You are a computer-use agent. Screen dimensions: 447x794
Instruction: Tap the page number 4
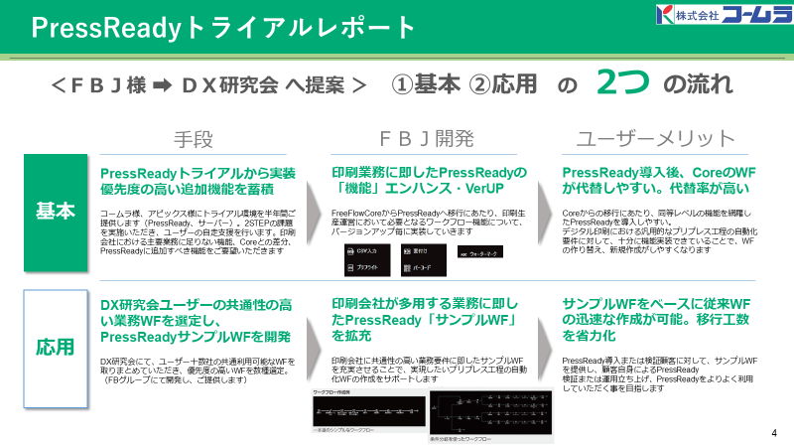[773, 433]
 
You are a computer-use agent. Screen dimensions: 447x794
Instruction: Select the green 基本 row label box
[56, 212]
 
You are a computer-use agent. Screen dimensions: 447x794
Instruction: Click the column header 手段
[194, 138]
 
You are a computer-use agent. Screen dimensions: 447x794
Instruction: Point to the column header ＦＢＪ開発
[427, 138]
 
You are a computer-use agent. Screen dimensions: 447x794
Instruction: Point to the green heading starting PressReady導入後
[656, 180]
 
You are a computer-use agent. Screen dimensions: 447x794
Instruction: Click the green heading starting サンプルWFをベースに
[656, 313]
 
